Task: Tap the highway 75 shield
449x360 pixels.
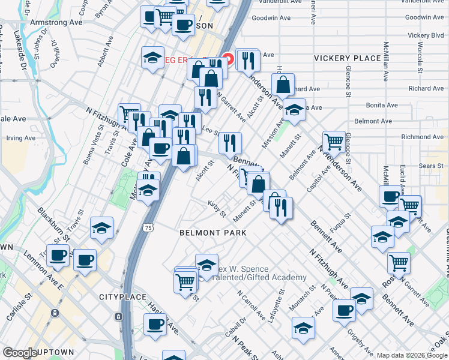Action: coord(148,227)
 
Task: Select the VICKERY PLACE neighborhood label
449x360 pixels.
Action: coord(348,58)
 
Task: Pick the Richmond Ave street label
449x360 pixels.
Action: coord(422,137)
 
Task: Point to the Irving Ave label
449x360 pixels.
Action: coord(21,138)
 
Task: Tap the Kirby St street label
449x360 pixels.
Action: coord(217,210)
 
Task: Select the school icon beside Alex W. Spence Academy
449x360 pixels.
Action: coord(206,266)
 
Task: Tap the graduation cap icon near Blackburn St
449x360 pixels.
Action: coord(102,228)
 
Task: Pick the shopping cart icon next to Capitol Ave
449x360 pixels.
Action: coord(334,142)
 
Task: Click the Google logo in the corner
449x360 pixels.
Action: coord(20,353)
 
